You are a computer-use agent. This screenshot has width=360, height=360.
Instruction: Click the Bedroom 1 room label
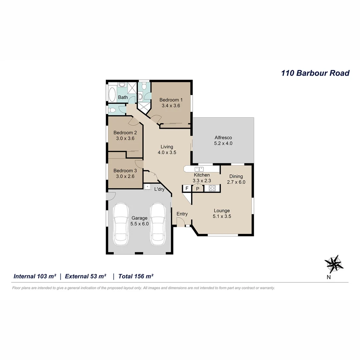pyautogui.click(x=171, y=100)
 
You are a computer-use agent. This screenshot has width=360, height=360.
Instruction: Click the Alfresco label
pyautogui.click(x=223, y=137)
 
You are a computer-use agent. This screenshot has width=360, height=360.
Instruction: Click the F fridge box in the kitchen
pyautogui.click(x=187, y=189)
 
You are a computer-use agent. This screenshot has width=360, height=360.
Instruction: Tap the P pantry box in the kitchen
pyautogui.click(x=198, y=189)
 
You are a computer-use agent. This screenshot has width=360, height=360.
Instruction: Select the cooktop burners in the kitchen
pyautogui.click(x=212, y=188)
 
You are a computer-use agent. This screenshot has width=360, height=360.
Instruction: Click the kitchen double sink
pyautogui.click(x=199, y=169)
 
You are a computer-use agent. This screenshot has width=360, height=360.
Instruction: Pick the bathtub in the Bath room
pyautogui.click(x=112, y=94)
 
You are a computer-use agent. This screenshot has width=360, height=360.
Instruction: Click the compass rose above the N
pyautogui.click(x=334, y=264)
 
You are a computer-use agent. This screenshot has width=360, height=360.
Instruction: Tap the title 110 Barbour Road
pyautogui.click(x=315, y=73)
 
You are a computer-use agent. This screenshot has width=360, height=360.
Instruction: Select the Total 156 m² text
pyautogui.click(x=136, y=276)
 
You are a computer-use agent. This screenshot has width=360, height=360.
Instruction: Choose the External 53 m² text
pyautogui.click(x=85, y=276)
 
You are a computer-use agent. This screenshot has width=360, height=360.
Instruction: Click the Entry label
pyautogui.click(x=182, y=214)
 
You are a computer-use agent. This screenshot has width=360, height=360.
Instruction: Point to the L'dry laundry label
pyautogui.click(x=159, y=189)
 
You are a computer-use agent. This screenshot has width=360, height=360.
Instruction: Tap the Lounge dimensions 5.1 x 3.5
pyautogui.click(x=222, y=216)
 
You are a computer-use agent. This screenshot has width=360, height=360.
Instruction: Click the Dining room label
pyautogui.click(x=236, y=176)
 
